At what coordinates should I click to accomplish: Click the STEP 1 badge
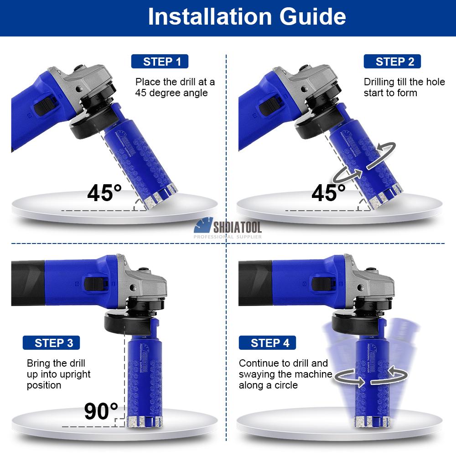pos(160,62)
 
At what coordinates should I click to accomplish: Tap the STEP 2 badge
pos(392,62)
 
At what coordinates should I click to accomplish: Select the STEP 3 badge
pos(51,342)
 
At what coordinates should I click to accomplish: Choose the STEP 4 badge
pos(267,342)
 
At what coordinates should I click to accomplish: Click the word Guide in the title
pos(313,16)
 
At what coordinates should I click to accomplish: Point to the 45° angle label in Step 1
pos(104,193)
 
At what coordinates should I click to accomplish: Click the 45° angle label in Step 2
pos(328,193)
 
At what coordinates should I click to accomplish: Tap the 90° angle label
pos(101,411)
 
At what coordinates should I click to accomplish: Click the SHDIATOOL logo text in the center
pos(237,227)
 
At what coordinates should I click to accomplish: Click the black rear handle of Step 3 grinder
pos(28,283)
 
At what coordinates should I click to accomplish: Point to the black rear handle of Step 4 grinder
pos(255,283)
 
